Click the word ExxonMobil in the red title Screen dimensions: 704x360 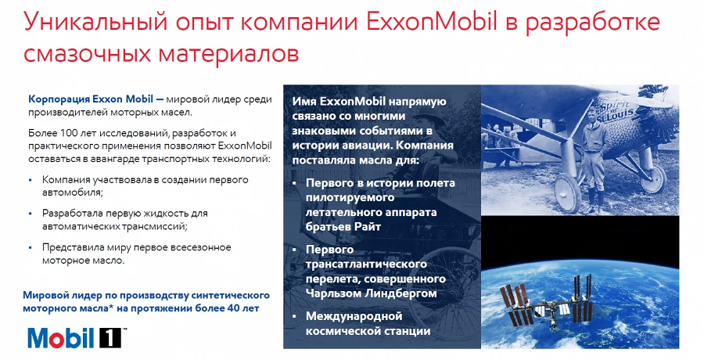pyautogui.click(x=432, y=23)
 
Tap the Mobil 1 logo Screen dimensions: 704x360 pyautogui.click(x=74, y=338)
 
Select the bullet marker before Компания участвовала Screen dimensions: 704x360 pyautogui.click(x=31, y=180)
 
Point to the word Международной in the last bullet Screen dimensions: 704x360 pyautogui.click(x=354, y=316)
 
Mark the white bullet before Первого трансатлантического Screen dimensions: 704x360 pyautogui.click(x=295, y=250)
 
